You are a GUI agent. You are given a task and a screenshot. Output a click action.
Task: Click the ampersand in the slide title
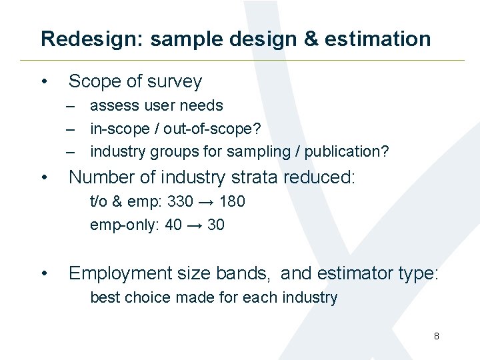click(x=313, y=39)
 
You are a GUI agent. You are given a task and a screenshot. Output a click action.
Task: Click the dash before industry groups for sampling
click(x=70, y=151)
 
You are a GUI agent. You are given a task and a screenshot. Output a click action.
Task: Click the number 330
click(x=180, y=201)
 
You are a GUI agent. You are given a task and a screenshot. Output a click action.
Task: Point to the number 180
click(x=231, y=201)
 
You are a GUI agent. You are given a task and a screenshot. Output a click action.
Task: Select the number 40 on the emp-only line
click(x=173, y=225)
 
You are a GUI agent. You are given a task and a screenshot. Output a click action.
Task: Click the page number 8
click(x=436, y=336)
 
